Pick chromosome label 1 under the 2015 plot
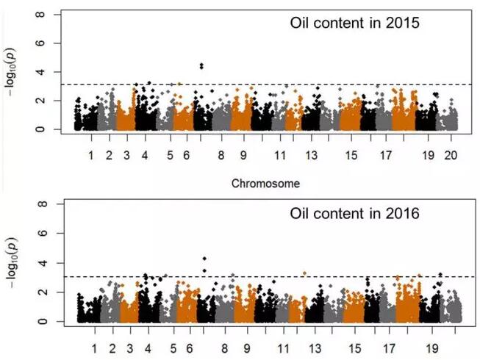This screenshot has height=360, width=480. pyautogui.click(x=91, y=156)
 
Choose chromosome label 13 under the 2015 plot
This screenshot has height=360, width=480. pyautogui.click(x=312, y=156)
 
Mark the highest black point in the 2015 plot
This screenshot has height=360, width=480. pyautogui.click(x=201, y=65)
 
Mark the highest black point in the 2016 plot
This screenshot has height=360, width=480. pyautogui.click(x=204, y=259)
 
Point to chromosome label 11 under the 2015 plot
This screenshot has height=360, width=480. pyautogui.click(x=280, y=156)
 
